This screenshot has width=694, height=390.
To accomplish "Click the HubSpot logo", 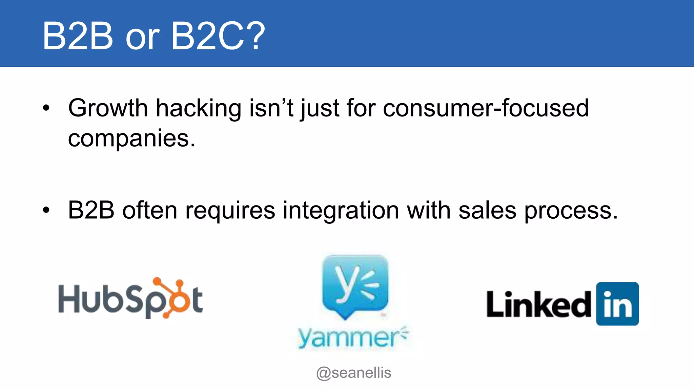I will tap(130, 299).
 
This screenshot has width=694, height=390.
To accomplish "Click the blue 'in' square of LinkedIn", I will tap(617, 304).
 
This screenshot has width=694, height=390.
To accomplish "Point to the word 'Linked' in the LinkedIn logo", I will tap(539, 304).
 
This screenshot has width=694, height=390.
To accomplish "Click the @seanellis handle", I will tap(353, 373).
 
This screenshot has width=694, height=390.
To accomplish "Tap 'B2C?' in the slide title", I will tap(218, 36).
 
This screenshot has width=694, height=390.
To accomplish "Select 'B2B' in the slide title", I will tap(78, 36).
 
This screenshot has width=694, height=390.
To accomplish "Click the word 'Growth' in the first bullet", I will tap(108, 108).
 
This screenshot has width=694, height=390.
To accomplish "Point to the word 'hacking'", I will tap(198, 108).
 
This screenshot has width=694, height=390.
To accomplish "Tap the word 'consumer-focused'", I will tap(486, 108).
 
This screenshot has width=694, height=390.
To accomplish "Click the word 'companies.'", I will tap(131, 139).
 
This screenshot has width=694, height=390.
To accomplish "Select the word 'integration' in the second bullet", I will tap(341, 211).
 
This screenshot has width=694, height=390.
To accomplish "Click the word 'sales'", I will tap(487, 211).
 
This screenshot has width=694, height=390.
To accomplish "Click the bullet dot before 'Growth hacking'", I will tap(46, 108).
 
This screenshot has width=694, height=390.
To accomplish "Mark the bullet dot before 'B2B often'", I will tap(46, 210).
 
